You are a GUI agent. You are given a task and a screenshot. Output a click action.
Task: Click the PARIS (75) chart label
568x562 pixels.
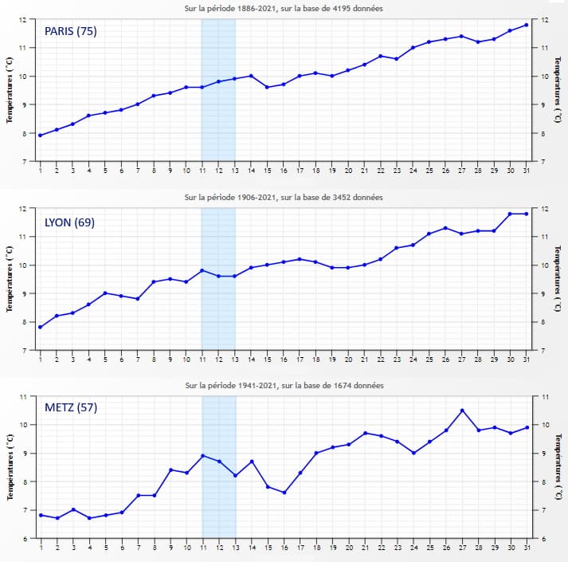pos(71,32)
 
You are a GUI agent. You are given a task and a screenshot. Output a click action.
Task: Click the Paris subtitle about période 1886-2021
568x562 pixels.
pos(284,9)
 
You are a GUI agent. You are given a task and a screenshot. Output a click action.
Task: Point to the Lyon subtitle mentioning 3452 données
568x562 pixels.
pos(284,197)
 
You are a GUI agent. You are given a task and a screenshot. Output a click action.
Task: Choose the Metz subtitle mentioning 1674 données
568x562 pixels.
pos(284,386)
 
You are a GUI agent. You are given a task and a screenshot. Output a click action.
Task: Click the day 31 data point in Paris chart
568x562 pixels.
pos(527,25)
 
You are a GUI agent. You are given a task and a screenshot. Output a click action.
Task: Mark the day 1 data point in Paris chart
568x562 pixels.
pos(41,136)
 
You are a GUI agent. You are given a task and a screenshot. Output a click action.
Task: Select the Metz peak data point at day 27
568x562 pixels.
pos(462,411)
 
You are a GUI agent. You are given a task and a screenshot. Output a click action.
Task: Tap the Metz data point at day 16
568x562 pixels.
pos(284,493)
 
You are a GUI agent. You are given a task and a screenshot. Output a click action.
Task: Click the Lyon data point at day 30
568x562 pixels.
pos(511,214)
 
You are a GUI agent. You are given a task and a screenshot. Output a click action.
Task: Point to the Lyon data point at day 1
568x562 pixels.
pos(41,328)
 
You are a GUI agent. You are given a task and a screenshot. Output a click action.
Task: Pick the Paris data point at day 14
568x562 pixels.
pos(251,76)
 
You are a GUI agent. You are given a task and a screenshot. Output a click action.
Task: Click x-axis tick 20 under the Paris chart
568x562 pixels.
pos(348,171)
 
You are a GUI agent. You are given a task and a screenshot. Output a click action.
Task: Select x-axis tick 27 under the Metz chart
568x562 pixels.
pos(462,548)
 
